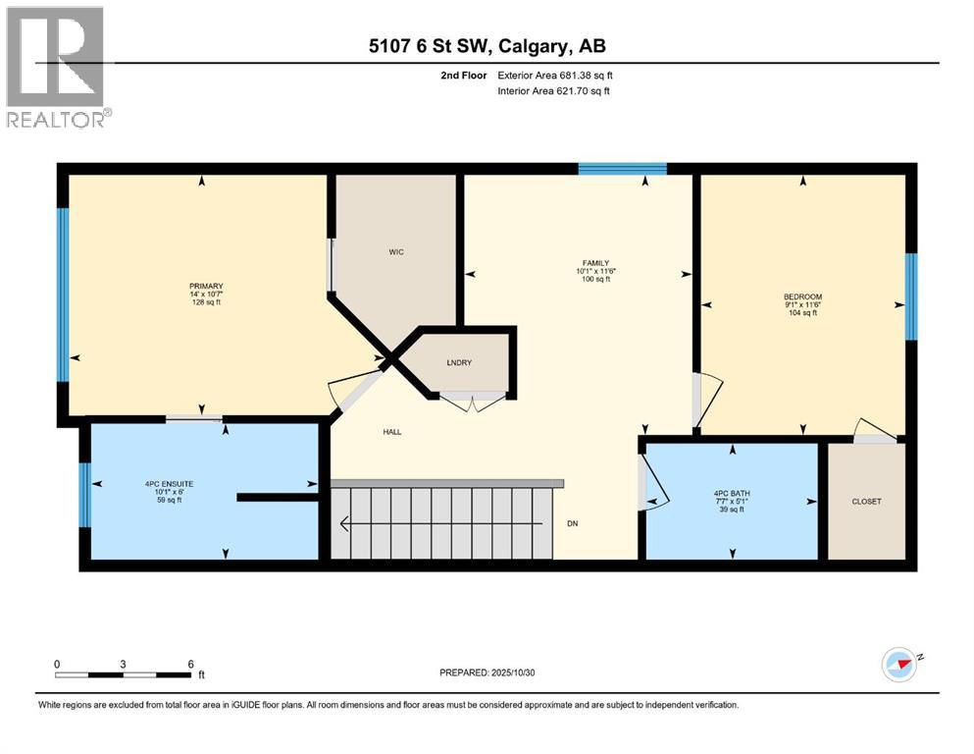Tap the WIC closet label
(395, 252)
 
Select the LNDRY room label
(459, 363)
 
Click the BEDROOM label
(802, 296)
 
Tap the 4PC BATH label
(731, 493)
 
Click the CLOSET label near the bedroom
(865, 502)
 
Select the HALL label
(391, 432)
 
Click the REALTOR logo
(56, 67)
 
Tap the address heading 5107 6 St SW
(487, 46)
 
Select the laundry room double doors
(473, 399)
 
